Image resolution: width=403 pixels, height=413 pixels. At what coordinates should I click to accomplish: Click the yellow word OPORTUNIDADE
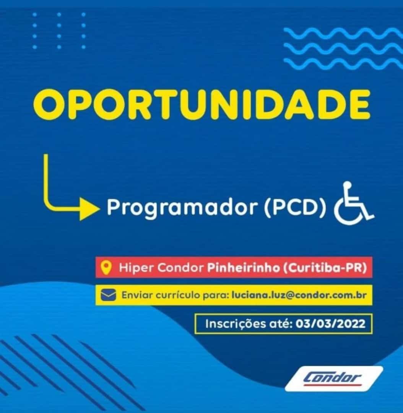point(201,104)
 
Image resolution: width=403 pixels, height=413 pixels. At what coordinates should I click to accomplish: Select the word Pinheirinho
point(244,268)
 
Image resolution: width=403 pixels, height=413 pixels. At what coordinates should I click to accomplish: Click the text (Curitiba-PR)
point(325,268)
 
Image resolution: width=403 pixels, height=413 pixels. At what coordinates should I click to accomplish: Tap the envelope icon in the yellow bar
point(108,295)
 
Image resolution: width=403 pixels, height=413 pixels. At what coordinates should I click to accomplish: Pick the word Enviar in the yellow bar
point(136,295)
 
